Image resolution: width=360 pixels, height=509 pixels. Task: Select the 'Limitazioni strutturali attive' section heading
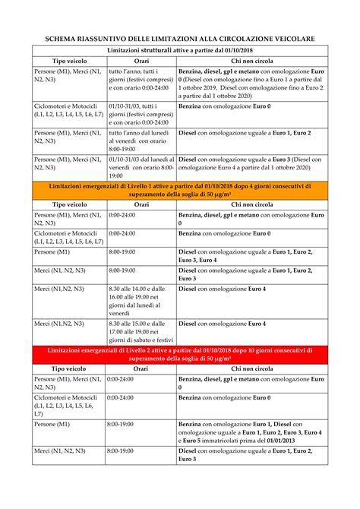point(180,49)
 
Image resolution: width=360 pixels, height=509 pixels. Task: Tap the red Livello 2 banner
point(180,353)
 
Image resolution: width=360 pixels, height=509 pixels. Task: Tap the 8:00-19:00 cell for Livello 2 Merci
point(122,451)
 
